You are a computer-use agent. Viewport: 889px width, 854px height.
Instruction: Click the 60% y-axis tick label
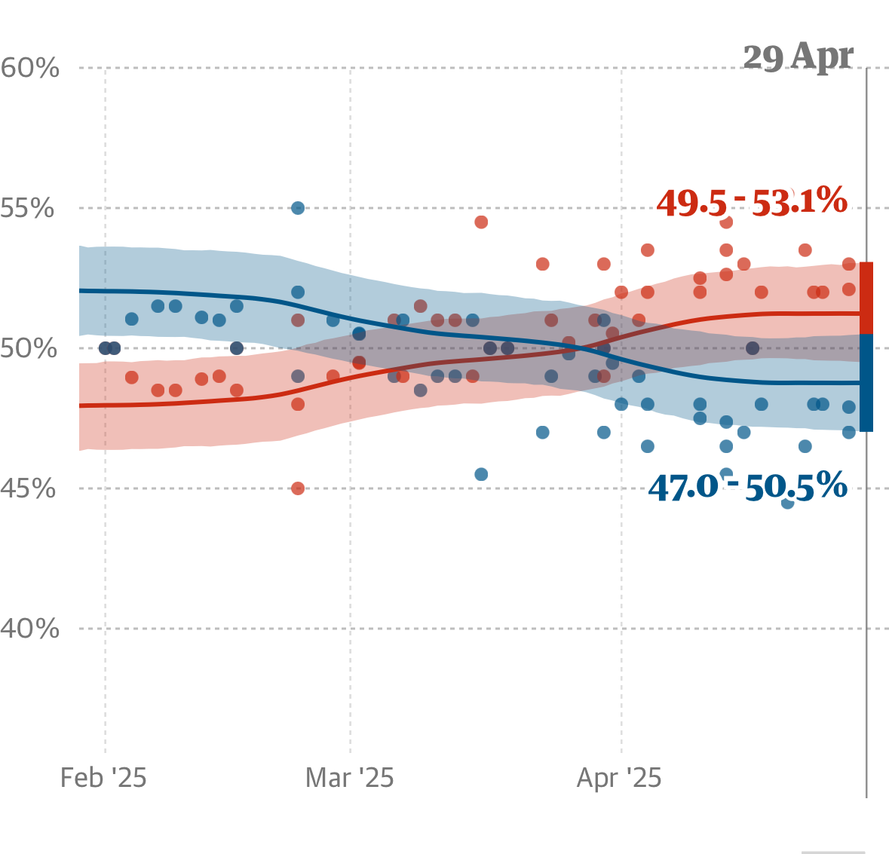[x=30, y=69]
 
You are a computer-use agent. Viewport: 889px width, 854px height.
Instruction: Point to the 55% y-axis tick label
[x=28, y=208]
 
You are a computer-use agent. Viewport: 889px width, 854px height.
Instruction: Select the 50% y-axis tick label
[x=29, y=348]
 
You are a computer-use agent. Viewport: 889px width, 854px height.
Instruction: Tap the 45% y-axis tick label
[x=28, y=488]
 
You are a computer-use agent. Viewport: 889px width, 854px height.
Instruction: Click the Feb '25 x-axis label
[x=103, y=778]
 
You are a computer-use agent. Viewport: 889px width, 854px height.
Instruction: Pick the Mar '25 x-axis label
[x=350, y=778]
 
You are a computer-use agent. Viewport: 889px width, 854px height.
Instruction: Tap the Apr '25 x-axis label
[x=619, y=778]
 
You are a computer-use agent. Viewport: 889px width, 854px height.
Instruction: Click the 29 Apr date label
[x=798, y=57]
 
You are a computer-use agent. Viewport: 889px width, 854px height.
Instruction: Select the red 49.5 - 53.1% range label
[x=752, y=202]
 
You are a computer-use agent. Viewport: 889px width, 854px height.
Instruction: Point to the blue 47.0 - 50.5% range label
[x=747, y=488]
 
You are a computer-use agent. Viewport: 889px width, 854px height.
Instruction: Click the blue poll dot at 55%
[x=298, y=208]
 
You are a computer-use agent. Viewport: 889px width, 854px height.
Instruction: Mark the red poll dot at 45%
[x=298, y=488]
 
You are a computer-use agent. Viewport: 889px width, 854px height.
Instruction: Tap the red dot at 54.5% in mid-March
[x=481, y=222]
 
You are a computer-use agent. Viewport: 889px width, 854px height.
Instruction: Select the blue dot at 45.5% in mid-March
[x=481, y=474]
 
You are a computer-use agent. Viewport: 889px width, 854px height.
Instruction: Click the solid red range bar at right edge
[x=866, y=298]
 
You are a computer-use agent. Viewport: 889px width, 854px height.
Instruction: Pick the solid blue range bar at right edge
[x=866, y=383]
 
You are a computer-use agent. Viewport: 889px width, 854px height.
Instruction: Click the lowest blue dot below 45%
[x=788, y=503]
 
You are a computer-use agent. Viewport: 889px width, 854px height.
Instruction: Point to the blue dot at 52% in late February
[x=298, y=292]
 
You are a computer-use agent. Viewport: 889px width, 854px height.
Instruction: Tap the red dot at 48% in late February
[x=298, y=404]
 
